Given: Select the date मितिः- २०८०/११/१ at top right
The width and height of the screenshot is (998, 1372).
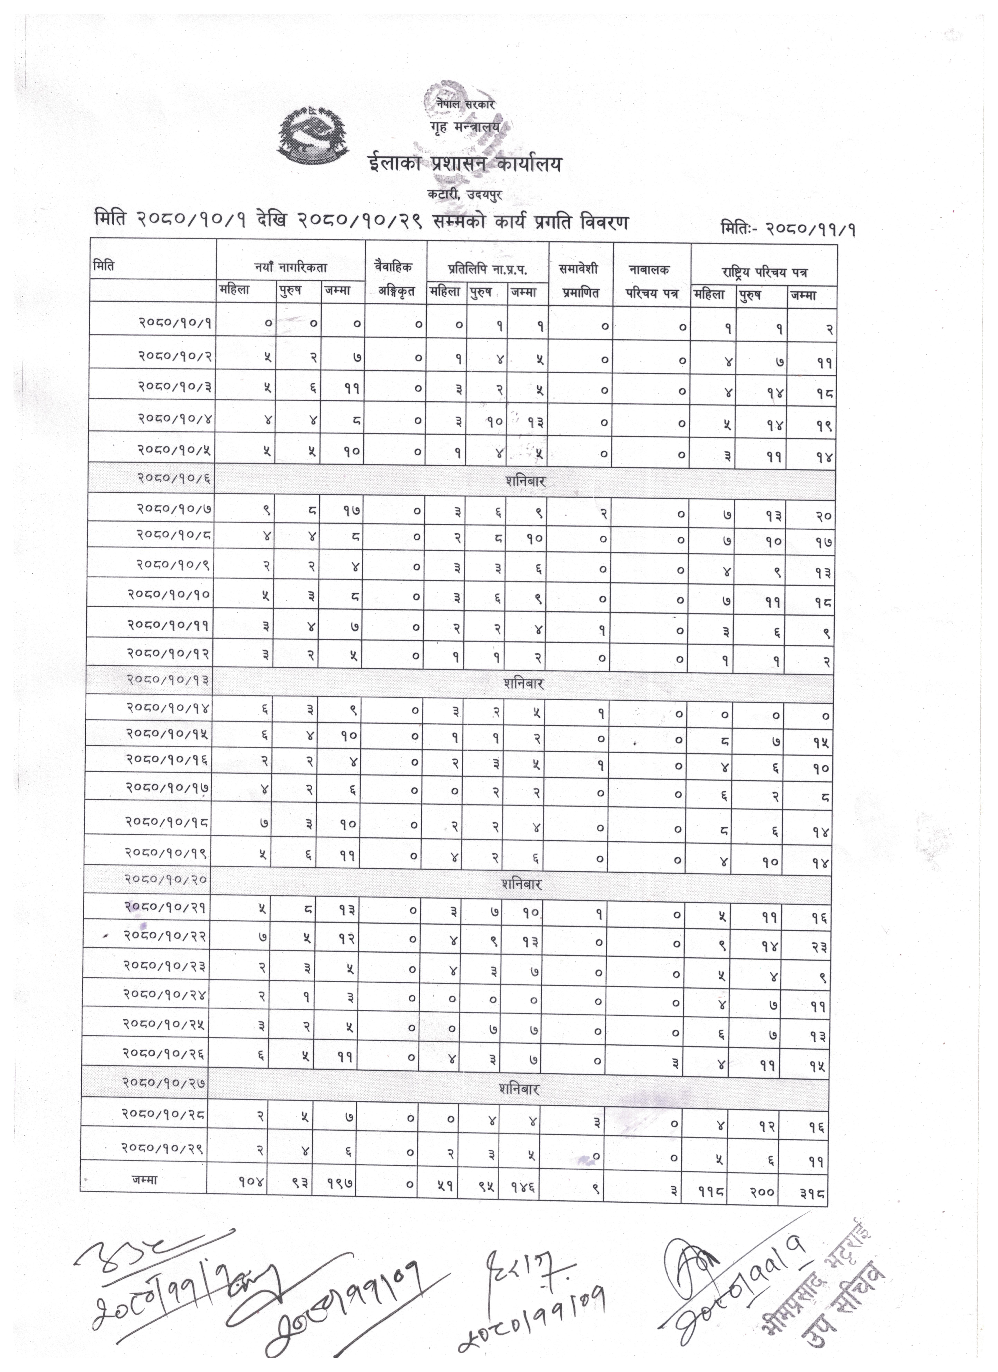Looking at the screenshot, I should point(787,229).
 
